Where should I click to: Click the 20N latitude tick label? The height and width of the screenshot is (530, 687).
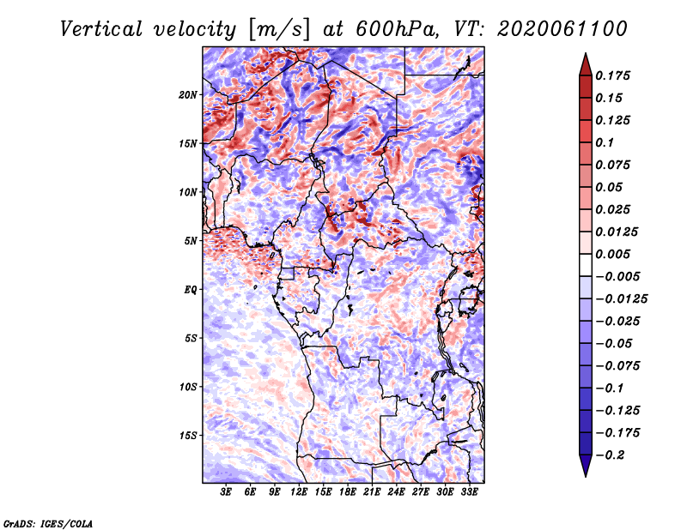[x=188, y=94]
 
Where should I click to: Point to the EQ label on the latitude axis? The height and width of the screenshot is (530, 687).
[x=190, y=289]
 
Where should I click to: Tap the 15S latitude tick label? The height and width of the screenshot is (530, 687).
[x=188, y=435]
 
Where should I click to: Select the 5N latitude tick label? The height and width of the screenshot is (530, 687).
[x=190, y=240]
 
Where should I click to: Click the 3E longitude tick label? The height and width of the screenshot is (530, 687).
[x=226, y=492]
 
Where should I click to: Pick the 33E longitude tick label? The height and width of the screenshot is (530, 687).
[x=469, y=492]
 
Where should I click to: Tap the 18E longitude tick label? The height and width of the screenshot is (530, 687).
[x=348, y=492]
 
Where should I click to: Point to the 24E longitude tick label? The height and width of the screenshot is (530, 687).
[x=396, y=492]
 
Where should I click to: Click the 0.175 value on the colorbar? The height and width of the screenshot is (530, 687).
[x=615, y=75]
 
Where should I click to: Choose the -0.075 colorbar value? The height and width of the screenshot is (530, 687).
[x=619, y=365]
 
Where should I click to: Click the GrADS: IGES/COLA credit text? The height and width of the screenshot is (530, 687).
[x=47, y=522]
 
